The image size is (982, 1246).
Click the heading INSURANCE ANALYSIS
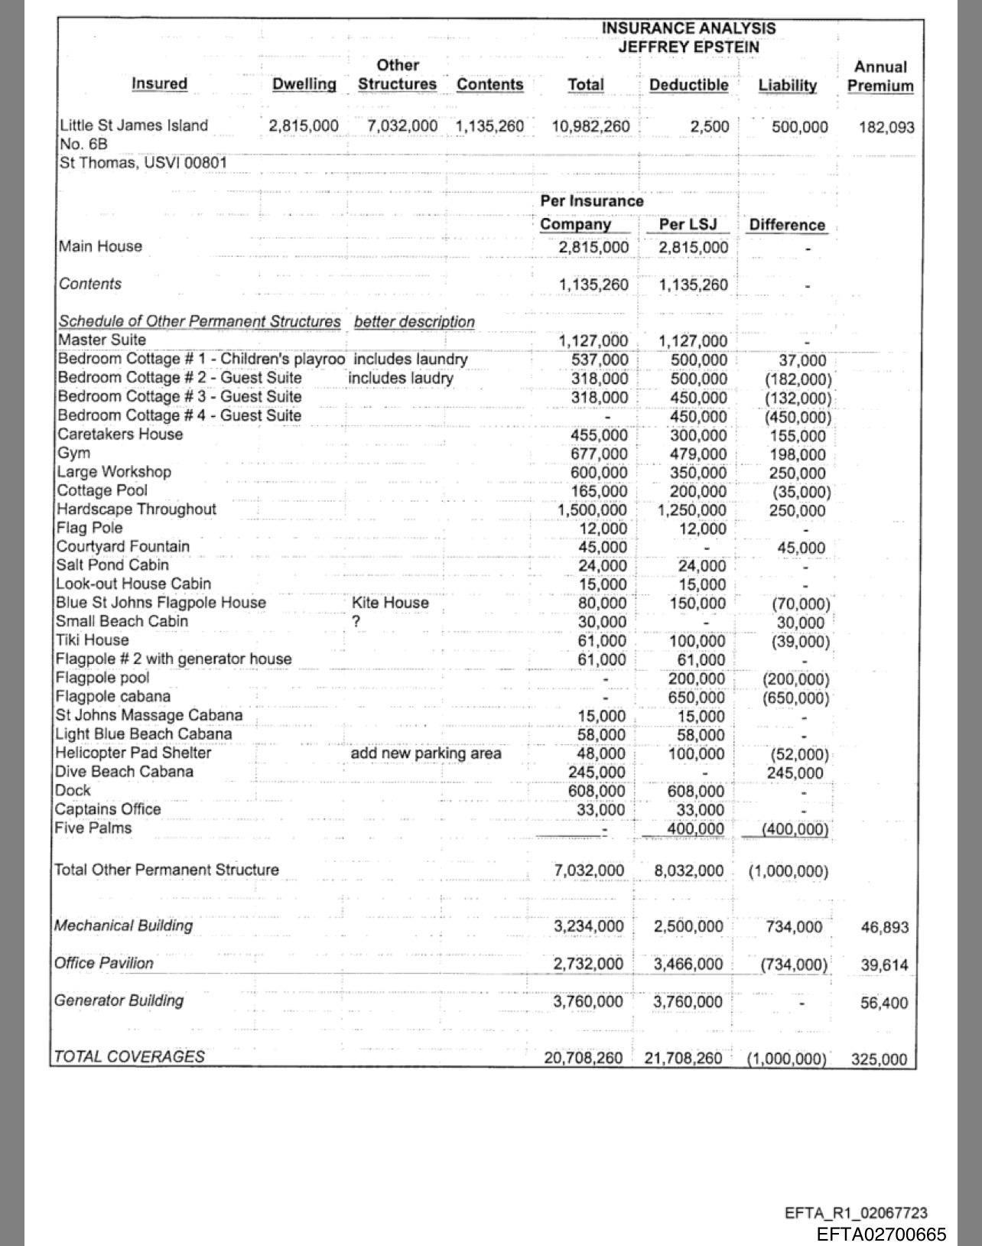click(x=688, y=28)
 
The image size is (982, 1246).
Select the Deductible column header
click(x=688, y=85)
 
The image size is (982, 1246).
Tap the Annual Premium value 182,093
click(x=886, y=127)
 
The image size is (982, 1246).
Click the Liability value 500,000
click(x=799, y=127)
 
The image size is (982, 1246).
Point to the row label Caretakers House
click(x=121, y=434)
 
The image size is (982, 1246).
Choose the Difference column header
click(x=787, y=225)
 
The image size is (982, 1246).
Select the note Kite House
click(x=390, y=603)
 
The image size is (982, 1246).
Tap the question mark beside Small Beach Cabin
click(x=356, y=621)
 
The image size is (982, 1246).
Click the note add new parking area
click(x=426, y=753)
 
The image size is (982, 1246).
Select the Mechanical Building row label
click(x=123, y=926)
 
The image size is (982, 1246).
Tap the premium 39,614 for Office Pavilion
click(x=884, y=965)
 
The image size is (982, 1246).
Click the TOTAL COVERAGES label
click(x=129, y=1057)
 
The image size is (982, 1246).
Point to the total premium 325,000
click(x=879, y=1059)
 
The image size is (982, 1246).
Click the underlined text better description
click(x=414, y=322)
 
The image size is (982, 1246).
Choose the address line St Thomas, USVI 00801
click(x=143, y=163)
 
